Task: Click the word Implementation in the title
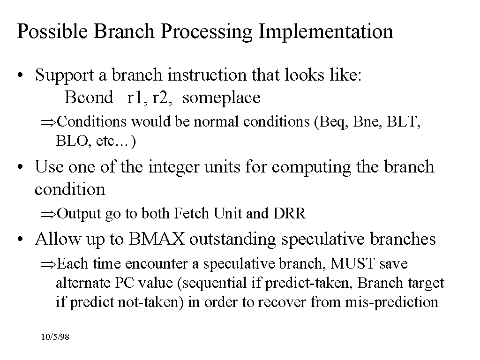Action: tap(326, 32)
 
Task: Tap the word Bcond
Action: tap(89, 97)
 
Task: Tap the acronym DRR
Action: tap(290, 213)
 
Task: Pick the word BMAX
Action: tap(157, 239)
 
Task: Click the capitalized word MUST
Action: tap(352, 263)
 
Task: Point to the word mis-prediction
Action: tap(391, 302)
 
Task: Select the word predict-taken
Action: tap(307, 283)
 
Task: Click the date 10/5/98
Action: tap(55, 337)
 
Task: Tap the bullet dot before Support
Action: tap(20, 75)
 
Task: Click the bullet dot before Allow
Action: tap(20, 240)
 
